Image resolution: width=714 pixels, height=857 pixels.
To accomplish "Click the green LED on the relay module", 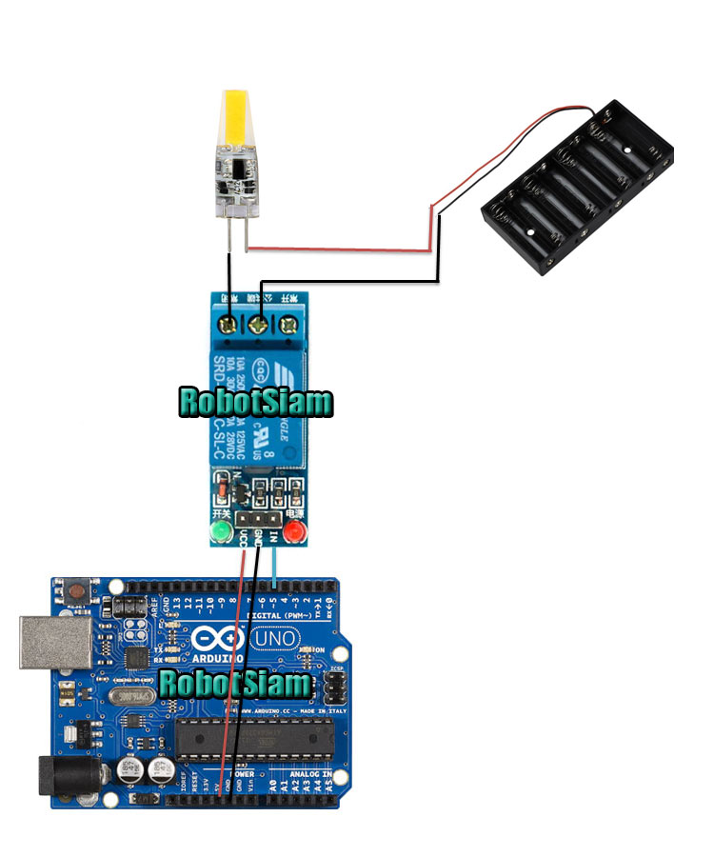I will coord(222,529).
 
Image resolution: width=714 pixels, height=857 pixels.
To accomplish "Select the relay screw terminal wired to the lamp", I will coord(229,326).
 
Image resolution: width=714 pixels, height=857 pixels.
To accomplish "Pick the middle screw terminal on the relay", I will coord(257,326).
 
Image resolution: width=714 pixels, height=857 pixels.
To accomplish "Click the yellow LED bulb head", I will coord(236,119).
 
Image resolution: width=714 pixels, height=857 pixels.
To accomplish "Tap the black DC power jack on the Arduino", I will coord(59,776).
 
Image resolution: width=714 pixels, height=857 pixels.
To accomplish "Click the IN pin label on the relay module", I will coord(274,540).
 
